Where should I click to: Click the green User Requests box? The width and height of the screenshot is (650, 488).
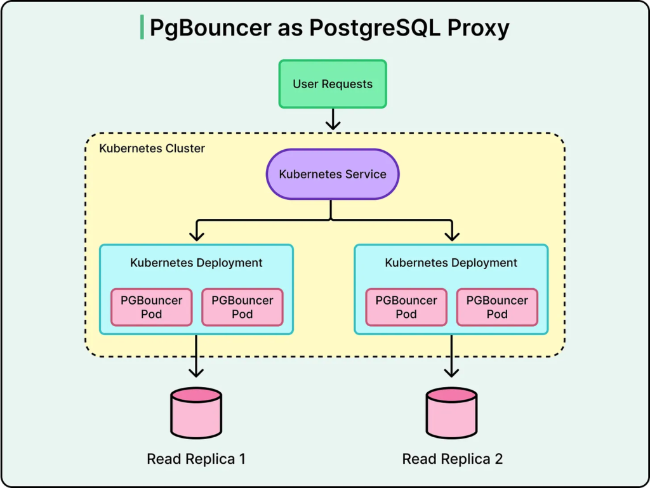333,84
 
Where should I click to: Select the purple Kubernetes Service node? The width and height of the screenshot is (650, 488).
333,174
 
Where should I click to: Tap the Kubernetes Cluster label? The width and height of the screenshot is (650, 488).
152,148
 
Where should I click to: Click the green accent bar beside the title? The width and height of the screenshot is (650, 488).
142,28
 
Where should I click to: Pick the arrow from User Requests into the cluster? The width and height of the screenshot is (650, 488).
333,119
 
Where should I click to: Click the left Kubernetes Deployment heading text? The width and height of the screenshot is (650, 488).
196,263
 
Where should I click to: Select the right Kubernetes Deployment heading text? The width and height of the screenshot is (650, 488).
451,263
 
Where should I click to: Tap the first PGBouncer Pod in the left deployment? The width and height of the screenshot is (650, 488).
151,307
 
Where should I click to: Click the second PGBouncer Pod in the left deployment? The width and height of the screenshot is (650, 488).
242,307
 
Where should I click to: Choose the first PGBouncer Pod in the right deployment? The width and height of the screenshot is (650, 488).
406,307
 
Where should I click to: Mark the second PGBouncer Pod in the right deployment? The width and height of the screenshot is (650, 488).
497,307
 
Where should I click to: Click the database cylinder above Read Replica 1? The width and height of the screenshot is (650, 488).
196,413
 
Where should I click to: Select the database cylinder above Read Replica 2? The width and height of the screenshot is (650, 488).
451,413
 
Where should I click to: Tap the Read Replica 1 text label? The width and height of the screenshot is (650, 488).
196,459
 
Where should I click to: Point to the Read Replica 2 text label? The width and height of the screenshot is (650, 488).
453,459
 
